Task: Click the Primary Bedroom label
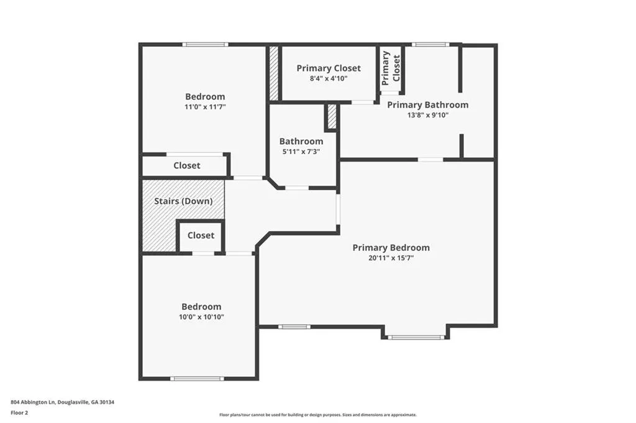pyautogui.click(x=391, y=247)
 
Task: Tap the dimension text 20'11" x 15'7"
pyautogui.click(x=391, y=258)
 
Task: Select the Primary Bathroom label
pyautogui.click(x=427, y=104)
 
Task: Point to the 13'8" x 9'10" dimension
pyautogui.click(x=428, y=115)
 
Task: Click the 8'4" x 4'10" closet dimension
pyautogui.click(x=329, y=79)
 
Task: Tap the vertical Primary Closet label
pyautogui.click(x=391, y=68)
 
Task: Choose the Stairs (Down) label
pyautogui.click(x=183, y=201)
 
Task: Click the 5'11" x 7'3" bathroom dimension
pyautogui.click(x=301, y=152)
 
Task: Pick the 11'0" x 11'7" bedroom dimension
pyautogui.click(x=205, y=107)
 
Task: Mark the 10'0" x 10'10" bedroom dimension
pyautogui.click(x=202, y=317)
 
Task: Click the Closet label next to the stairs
pyautogui.click(x=201, y=235)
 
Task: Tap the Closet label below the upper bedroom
pyautogui.click(x=186, y=165)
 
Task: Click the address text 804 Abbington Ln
pyautogui.click(x=34, y=403)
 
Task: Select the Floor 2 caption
pyautogui.click(x=19, y=413)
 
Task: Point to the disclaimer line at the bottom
pyautogui.click(x=318, y=415)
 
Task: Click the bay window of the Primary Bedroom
pyautogui.click(x=416, y=337)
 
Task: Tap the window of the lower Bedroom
pyautogui.click(x=197, y=379)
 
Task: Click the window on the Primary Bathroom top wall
pyautogui.click(x=430, y=45)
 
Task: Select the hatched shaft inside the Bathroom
pyautogui.click(x=332, y=117)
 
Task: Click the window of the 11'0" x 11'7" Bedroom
pyautogui.click(x=205, y=45)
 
